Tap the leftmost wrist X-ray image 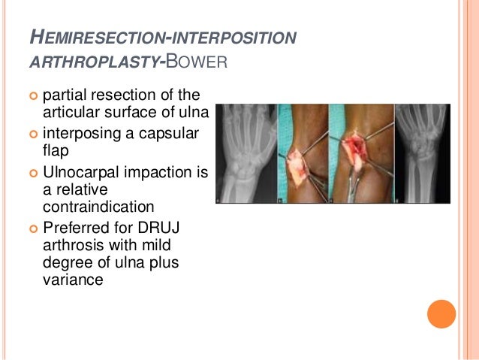tap(246, 154)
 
